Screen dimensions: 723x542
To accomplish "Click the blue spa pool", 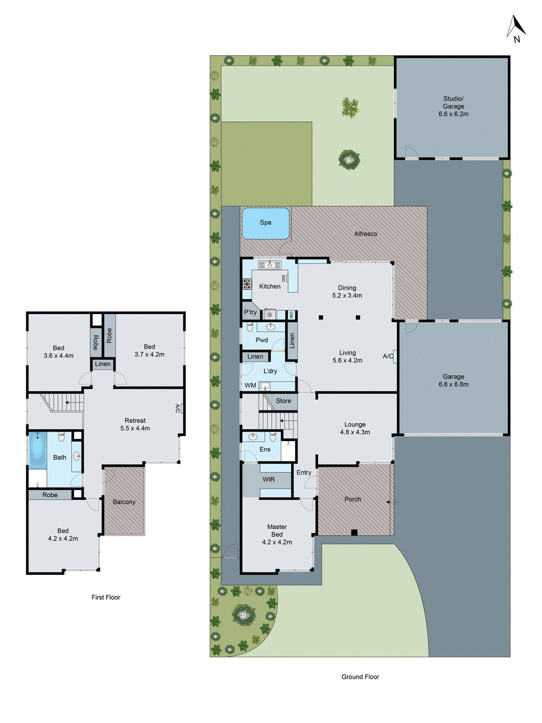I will pos(266,223).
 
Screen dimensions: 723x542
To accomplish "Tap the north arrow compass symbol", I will pos(516,28).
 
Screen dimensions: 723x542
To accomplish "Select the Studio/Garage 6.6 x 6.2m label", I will pos(453,106).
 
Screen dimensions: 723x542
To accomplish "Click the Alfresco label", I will pos(365,234).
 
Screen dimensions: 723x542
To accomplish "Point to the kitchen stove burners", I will pos(247,284).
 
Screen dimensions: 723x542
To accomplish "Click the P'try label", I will pos(250,312).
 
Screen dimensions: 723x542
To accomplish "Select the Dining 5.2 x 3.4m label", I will pos(347,291).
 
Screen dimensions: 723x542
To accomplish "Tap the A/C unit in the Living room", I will pos(394,356).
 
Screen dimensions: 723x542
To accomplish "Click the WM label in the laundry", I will pos(250,385).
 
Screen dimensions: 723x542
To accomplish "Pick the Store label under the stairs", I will pos(283,401).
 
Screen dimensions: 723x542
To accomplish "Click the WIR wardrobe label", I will pos(269,479).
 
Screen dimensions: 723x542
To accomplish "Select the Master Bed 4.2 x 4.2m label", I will pos(277,534).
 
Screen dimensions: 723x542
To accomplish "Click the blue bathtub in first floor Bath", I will pos(37,449).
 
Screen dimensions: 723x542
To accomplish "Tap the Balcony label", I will pos(124,502).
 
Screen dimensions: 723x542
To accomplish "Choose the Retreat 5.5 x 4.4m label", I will pos(135,424).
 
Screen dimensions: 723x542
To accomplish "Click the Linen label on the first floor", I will pos(103,364).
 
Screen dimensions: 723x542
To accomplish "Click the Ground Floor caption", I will pos(360,676).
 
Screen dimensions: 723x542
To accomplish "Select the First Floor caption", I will pos(106,597).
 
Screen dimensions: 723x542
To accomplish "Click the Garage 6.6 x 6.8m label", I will pos(453,380).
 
